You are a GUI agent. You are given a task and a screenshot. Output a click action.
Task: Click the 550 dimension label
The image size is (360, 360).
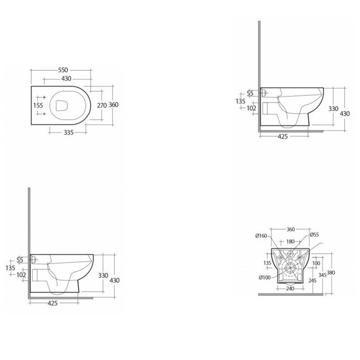[63, 70]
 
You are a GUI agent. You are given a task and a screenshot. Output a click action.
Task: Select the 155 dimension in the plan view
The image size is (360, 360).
[38, 105]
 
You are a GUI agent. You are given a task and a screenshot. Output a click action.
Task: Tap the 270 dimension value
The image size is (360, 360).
[102, 105]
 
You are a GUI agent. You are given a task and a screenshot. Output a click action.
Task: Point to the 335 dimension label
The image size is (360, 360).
[69, 132]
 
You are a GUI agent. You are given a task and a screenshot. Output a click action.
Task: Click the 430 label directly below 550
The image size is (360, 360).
[66, 79]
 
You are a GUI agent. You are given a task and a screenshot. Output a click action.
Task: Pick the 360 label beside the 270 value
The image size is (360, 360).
[113, 105]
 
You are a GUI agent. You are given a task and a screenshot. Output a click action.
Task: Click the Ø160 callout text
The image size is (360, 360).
[261, 235]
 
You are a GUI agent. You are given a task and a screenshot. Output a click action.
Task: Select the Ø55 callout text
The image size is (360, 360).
[314, 234]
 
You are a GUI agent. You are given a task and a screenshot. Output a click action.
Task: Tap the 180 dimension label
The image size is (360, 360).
[290, 242]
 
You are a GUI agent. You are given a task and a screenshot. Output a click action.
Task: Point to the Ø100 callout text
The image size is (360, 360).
[265, 278]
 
